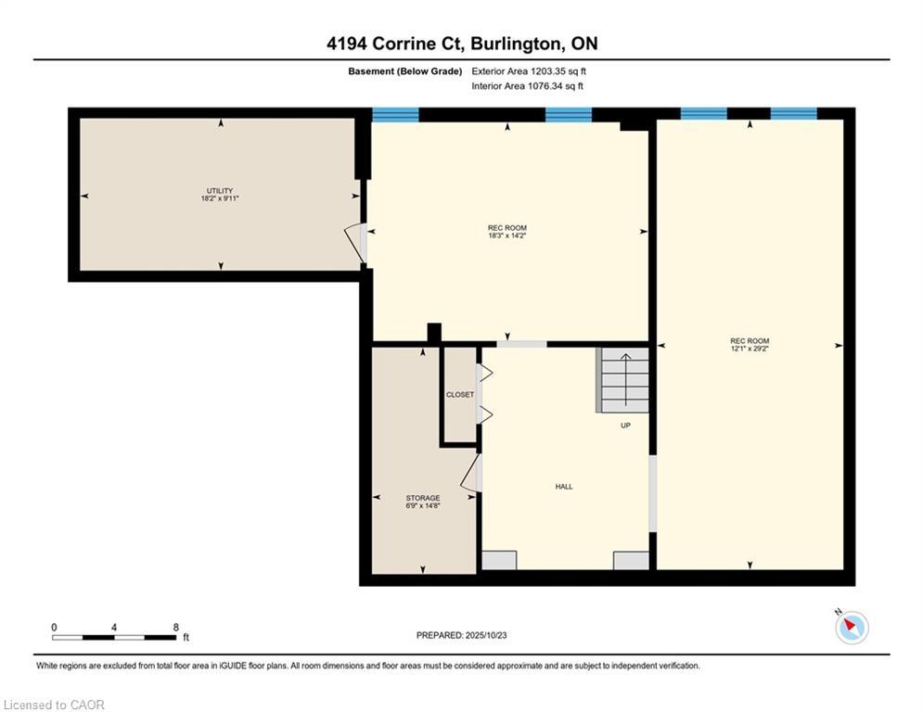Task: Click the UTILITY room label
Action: pos(220,191)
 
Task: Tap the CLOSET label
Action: pos(460,395)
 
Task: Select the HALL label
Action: pos(564,487)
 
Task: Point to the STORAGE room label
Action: pos(423,498)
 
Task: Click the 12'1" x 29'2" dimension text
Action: pos(750,349)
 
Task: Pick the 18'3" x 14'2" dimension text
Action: pos(506,235)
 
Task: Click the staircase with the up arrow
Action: pos(623,379)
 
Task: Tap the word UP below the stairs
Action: pos(625,426)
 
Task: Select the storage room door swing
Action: pos(471,473)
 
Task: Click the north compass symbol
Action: pos(851,626)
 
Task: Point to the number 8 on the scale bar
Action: pos(175,628)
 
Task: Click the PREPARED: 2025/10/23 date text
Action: pos(462,635)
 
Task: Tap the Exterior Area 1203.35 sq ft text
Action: pos(529,71)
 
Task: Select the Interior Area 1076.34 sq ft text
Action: pos(528,86)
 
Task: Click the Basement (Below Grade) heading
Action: pos(405,71)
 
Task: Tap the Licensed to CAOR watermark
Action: pos(54,705)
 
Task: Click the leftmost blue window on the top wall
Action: pos(395,114)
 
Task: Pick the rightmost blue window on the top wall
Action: pos(793,113)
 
